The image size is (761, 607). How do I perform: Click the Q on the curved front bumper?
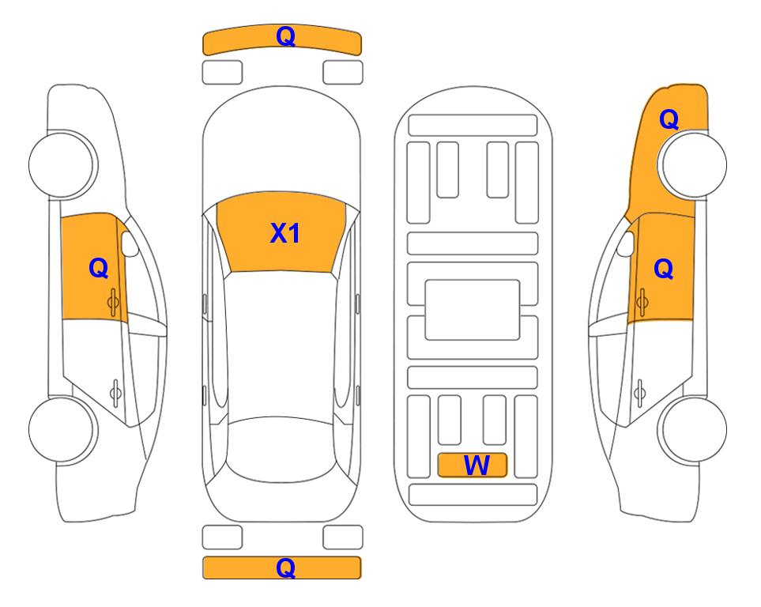coord(285,36)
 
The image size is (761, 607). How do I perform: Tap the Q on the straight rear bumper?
coord(285,567)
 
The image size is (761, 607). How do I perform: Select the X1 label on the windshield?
coord(285,233)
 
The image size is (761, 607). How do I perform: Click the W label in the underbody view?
coord(477,466)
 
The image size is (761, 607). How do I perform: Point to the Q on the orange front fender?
coord(669,119)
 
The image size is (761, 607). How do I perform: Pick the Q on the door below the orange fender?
coord(664,269)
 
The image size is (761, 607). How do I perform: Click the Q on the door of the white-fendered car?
coord(99,268)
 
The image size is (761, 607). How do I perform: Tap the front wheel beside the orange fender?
coord(692,164)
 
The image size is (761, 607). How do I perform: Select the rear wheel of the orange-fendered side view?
coord(692,429)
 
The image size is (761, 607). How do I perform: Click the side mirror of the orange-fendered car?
coord(626,243)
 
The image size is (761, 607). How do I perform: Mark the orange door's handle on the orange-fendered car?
coord(642,302)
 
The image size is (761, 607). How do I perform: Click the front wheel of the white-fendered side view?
coord(62,164)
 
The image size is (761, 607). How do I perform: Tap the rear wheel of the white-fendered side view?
coord(62,429)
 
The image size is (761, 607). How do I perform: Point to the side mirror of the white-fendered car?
coord(130,243)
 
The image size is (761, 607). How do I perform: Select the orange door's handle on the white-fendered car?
coord(113,302)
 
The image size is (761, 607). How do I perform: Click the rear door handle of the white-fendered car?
coord(115,392)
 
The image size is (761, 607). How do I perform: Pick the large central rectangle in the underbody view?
coord(473,310)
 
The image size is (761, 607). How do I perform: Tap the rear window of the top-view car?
coord(281,449)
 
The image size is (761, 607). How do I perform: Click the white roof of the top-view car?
coord(281,345)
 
